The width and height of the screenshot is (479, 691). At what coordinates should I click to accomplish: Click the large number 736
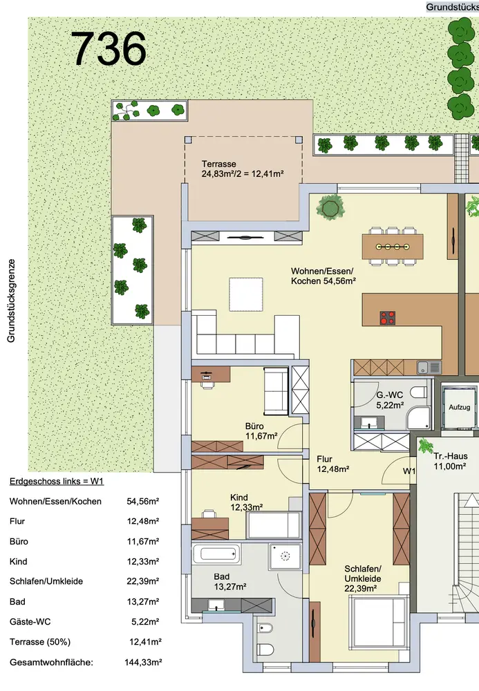tap(109, 48)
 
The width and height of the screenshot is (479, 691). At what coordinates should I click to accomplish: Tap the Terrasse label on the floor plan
tap(243, 169)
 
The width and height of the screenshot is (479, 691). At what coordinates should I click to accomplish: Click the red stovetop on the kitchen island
tap(387, 317)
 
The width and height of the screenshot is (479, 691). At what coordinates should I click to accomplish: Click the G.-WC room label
tap(390, 400)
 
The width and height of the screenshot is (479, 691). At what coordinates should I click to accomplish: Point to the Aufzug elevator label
tap(459, 407)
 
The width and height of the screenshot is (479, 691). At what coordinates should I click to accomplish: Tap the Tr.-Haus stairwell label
tap(450, 461)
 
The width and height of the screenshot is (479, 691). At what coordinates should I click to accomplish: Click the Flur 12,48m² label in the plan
tap(332, 464)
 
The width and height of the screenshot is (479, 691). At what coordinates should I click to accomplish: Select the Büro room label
tap(261, 431)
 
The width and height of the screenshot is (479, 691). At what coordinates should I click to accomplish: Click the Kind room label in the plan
tap(246, 502)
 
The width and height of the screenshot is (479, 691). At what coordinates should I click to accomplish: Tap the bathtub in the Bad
tap(216, 553)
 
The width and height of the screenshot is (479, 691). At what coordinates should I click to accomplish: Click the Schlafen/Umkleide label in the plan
tap(363, 578)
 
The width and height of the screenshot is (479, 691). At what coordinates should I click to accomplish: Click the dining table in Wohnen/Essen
tap(392, 247)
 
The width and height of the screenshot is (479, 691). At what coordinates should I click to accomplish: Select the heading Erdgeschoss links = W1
tap(57, 481)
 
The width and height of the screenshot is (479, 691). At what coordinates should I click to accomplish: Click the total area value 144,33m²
tap(143, 662)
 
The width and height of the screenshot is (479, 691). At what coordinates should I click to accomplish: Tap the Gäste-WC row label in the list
tap(30, 622)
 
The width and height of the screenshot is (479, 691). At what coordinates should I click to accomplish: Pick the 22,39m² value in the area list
tap(143, 581)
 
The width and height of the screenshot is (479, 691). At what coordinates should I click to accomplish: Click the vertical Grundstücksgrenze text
tap(11, 301)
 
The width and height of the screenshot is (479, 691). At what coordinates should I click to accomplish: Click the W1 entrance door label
tap(409, 471)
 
